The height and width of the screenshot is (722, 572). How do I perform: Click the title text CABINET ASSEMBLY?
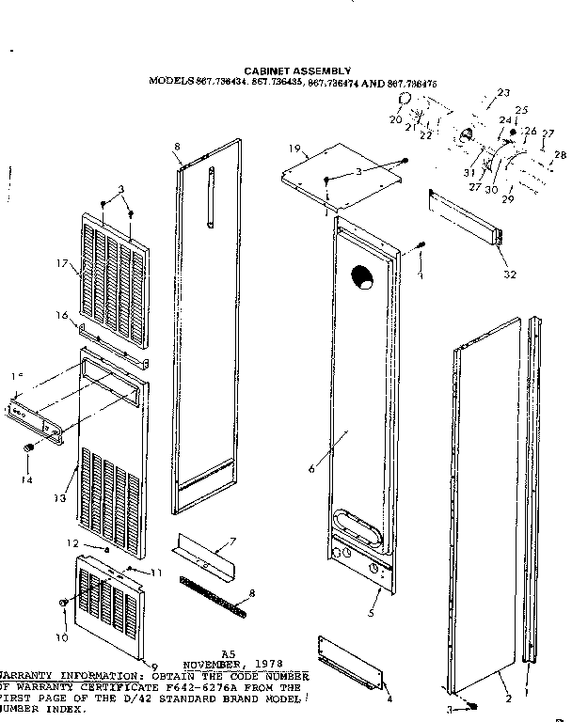(x=297, y=71)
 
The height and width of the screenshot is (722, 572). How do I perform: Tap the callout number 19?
(x=294, y=149)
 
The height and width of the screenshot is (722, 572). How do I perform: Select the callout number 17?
(x=62, y=264)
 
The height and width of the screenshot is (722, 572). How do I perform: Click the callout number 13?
(x=59, y=497)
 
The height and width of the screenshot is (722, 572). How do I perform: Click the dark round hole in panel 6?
(x=360, y=276)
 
